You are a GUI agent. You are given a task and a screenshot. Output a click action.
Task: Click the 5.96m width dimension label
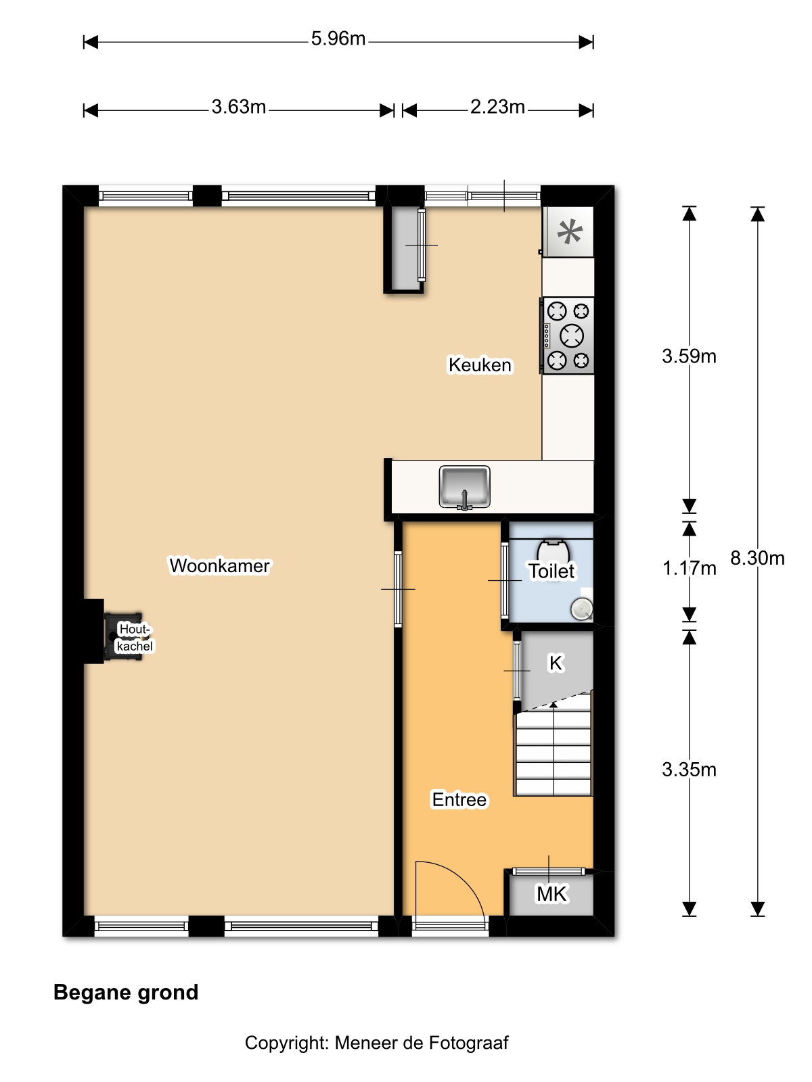tap(338, 39)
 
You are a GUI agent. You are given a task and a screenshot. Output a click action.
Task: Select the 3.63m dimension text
tap(239, 106)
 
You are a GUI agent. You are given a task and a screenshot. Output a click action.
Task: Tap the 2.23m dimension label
tap(497, 106)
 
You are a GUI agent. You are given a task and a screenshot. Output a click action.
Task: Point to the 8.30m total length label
tap(757, 558)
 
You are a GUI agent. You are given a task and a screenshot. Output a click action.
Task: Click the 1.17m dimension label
tap(689, 568)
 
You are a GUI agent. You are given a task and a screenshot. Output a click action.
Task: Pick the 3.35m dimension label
tap(689, 770)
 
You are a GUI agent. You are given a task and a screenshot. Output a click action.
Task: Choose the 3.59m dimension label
tap(689, 356)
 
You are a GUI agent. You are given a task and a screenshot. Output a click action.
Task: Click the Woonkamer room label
tap(220, 565)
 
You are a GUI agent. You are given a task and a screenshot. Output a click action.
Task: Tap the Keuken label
tap(480, 364)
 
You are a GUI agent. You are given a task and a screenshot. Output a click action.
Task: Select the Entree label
tap(459, 799)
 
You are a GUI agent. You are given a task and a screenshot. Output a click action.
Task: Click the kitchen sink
tap(464, 487)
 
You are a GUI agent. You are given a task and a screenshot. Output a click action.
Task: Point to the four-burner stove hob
tap(567, 335)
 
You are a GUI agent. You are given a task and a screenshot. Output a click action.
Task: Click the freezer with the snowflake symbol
tap(568, 232)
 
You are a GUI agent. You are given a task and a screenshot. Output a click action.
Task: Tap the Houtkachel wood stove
tap(123, 637)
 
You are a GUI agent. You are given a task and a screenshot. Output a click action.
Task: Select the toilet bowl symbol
tap(553, 550)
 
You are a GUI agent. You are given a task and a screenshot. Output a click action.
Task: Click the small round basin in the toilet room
tap(582, 609)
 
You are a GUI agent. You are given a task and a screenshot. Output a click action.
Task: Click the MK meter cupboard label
tap(551, 894)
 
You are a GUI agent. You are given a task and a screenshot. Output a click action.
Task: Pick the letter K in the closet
tap(556, 663)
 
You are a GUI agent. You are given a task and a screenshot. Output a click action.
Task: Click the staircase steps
tap(553, 744)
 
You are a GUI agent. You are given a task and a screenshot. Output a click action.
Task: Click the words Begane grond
tap(126, 992)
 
